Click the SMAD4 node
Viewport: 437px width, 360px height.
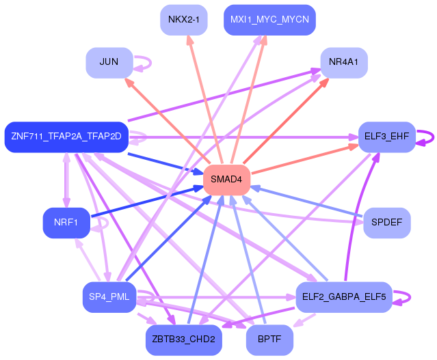226,179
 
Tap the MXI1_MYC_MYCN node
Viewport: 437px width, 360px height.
270,19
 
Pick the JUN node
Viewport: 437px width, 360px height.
109,62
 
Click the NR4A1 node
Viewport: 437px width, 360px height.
344,62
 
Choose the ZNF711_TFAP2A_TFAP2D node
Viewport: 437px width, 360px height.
66,137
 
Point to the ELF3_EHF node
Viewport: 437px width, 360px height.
387,137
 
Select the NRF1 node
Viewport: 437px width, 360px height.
66,222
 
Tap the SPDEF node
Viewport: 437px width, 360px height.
387,222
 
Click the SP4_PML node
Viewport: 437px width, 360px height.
109,296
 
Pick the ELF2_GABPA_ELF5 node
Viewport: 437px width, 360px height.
343,296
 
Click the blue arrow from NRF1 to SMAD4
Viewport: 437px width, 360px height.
147,202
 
